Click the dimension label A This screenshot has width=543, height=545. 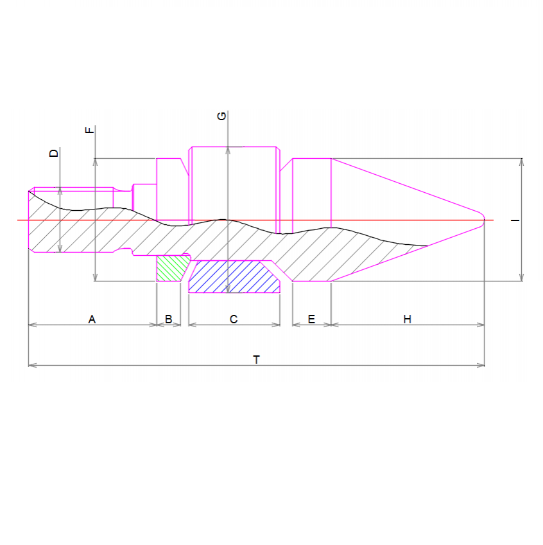pyautogui.click(x=92, y=319)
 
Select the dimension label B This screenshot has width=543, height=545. pyautogui.click(x=169, y=319)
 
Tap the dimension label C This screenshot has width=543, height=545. pyautogui.click(x=234, y=319)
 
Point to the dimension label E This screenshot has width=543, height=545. pyautogui.click(x=311, y=319)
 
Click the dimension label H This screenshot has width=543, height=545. pyautogui.click(x=407, y=319)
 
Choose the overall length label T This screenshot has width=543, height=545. pyautogui.click(x=256, y=359)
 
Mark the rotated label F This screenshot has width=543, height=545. pyautogui.click(x=89, y=130)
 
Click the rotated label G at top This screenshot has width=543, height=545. pyautogui.click(x=221, y=116)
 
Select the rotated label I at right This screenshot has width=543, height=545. pyautogui.click(x=515, y=220)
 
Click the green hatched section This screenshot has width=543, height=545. pyautogui.click(x=172, y=268)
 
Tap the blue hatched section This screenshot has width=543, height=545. pyautogui.click(x=234, y=276)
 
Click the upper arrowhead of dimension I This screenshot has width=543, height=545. pyautogui.click(x=521, y=161)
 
